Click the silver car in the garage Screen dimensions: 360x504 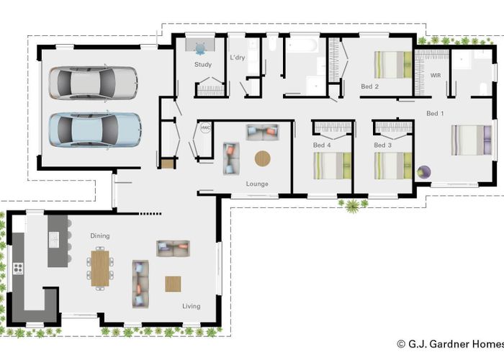click(x=94, y=82)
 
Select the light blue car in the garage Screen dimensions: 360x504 click(x=94, y=130)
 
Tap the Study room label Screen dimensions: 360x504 click(x=203, y=65)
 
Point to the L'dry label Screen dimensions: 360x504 click(x=238, y=57)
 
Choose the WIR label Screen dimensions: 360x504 click(x=435, y=75)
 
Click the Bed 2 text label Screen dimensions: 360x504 click(x=369, y=86)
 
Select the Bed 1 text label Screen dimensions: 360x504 click(x=435, y=113)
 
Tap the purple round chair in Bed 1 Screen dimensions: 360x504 click(x=424, y=173)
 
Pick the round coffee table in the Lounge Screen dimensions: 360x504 click(x=264, y=158)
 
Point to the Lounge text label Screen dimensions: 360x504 click(x=257, y=184)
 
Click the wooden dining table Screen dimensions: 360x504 click(x=100, y=267)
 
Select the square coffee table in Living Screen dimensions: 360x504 click(x=173, y=284)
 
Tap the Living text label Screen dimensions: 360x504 click(x=191, y=306)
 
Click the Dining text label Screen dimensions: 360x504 click(x=99, y=235)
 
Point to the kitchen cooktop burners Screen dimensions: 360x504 click(x=18, y=269)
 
